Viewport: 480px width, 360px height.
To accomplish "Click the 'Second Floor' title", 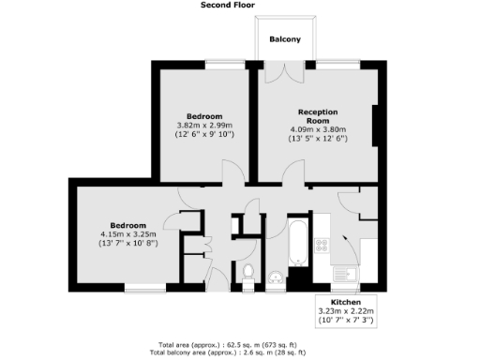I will pos(230,5).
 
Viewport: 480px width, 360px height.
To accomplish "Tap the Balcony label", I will pos(285,39).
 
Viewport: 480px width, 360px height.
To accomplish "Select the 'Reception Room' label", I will pos(318,115).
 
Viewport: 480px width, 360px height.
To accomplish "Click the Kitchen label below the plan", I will pos(346,302).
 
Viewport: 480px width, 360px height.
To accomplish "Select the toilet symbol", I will pos(247,273).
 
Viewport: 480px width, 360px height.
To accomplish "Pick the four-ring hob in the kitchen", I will pos(322,245).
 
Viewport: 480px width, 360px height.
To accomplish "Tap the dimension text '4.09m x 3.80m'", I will pos(318,129).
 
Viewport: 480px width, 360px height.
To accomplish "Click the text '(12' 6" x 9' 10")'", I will pos(205,135).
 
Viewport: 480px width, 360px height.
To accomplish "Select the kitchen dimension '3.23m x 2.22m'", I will pos(346,311).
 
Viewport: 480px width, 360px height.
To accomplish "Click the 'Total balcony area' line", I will pos(240,354).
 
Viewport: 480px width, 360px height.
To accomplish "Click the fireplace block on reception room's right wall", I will pos(376,127).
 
